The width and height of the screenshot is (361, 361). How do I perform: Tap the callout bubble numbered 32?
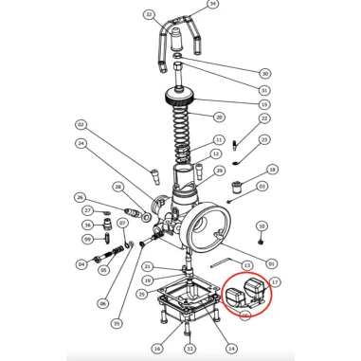149,15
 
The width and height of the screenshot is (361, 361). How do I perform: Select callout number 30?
264,73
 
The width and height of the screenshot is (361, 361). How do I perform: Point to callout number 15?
264,104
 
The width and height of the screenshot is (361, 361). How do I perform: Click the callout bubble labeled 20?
219,117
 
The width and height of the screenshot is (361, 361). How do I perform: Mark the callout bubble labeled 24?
81,144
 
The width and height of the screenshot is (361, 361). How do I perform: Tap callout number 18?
273,170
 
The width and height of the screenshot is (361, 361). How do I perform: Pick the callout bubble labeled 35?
116,323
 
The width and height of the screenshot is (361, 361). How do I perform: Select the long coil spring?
186,133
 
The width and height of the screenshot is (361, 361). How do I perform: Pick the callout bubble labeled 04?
81,264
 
